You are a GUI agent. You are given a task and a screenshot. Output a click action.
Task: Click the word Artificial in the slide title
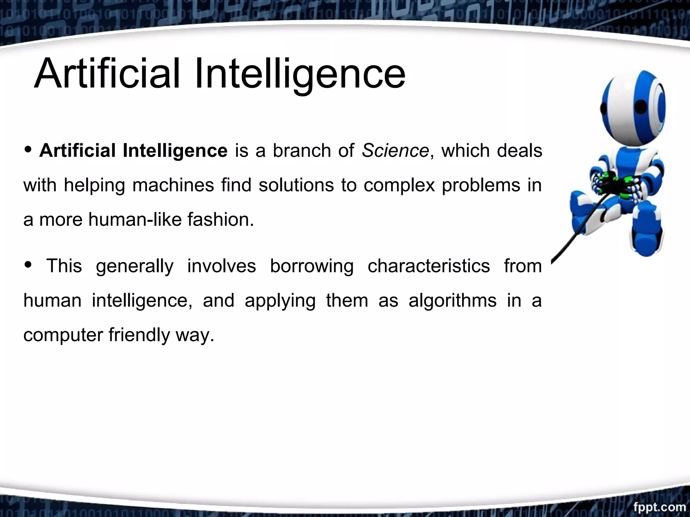coord(107,73)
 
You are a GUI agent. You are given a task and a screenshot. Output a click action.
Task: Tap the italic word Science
coord(395,150)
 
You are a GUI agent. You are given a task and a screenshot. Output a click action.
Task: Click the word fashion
coord(220,220)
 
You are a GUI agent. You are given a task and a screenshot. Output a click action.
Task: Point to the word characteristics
coord(429,266)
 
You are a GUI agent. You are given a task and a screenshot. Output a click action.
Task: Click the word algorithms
coord(452,301)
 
